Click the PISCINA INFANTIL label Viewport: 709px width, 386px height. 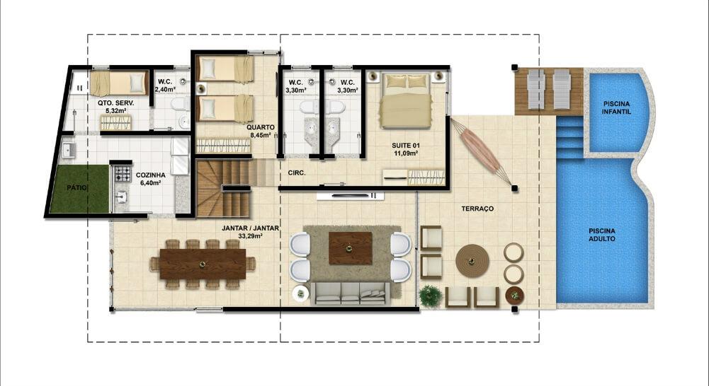[x=616, y=107]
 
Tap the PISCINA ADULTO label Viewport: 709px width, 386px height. [x=602, y=235]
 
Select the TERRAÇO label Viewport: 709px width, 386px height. [x=477, y=209]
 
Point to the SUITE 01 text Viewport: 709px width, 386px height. [x=406, y=146]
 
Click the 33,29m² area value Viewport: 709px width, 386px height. [x=250, y=235]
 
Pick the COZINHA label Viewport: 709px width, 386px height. [x=151, y=175]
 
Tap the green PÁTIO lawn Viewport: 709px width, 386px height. [x=79, y=189]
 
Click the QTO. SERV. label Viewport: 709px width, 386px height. [x=115, y=103]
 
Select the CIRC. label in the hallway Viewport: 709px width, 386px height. [x=297, y=172]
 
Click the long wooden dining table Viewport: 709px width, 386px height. [x=203, y=264]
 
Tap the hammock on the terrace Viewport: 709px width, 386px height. [x=482, y=152]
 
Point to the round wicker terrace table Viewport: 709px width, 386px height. [x=472, y=260]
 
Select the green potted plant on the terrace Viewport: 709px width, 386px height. [x=431, y=296]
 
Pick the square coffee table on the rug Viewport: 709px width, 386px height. [x=350, y=248]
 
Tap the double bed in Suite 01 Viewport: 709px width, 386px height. [x=406, y=101]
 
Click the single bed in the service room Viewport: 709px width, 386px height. [x=119, y=83]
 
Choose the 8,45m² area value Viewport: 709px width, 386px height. [x=261, y=134]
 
